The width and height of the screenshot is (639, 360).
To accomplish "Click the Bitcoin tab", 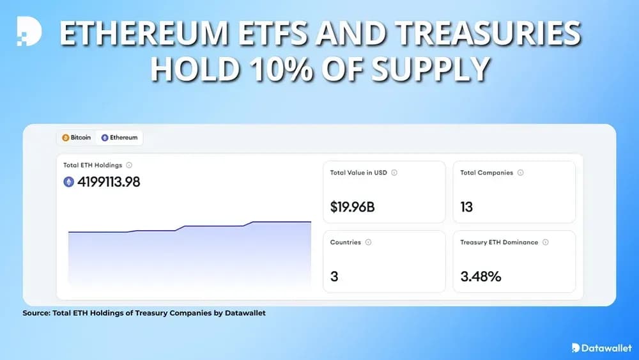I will point(77,137).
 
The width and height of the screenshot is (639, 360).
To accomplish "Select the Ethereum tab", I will point(119,137).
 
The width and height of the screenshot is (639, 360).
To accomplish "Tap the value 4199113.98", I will point(109,182).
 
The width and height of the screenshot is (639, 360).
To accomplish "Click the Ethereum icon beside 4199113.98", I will point(69,182).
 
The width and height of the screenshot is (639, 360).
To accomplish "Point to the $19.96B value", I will point(353,207).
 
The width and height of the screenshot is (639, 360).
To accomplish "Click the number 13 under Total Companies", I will point(467,207).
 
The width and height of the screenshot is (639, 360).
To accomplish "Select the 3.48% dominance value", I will point(481,277).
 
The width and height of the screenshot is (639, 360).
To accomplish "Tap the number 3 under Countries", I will point(334,277).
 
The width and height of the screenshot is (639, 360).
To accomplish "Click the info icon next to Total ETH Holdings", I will point(129,165).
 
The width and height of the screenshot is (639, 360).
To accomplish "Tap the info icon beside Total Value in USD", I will point(394,173).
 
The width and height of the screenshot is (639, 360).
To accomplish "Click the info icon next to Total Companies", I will point(520,173).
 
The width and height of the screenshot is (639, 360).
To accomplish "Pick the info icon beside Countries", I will point(368,242).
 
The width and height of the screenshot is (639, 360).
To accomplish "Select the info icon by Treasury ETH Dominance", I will point(545,242).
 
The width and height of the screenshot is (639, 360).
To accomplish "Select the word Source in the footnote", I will point(36,313).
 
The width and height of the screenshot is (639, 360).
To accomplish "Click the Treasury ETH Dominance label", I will point(499,242).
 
